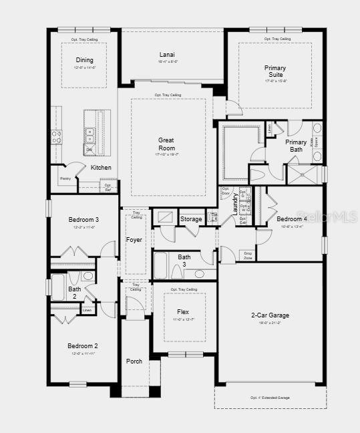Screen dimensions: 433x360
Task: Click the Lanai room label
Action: click(x=167, y=54)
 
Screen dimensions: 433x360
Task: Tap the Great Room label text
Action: click(x=166, y=144)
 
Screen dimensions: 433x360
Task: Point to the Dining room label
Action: click(x=85, y=59)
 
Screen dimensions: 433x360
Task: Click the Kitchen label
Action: click(x=101, y=168)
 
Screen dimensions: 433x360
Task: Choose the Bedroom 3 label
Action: click(x=83, y=220)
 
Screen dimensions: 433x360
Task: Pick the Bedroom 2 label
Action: click(x=83, y=345)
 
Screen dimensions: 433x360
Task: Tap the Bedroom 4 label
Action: click(x=292, y=219)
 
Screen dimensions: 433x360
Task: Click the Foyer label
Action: click(x=134, y=239)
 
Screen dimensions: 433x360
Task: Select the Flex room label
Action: click(x=182, y=312)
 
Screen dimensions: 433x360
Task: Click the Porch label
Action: click(x=134, y=362)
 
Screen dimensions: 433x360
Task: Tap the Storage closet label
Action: click(x=190, y=219)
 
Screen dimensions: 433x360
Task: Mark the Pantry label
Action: click(x=65, y=178)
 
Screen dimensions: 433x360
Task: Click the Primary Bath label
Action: click(x=296, y=146)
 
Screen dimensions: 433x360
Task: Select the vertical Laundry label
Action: click(x=234, y=204)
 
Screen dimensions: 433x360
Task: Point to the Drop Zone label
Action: click(x=248, y=254)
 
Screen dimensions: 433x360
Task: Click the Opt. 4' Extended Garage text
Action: click(x=270, y=398)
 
